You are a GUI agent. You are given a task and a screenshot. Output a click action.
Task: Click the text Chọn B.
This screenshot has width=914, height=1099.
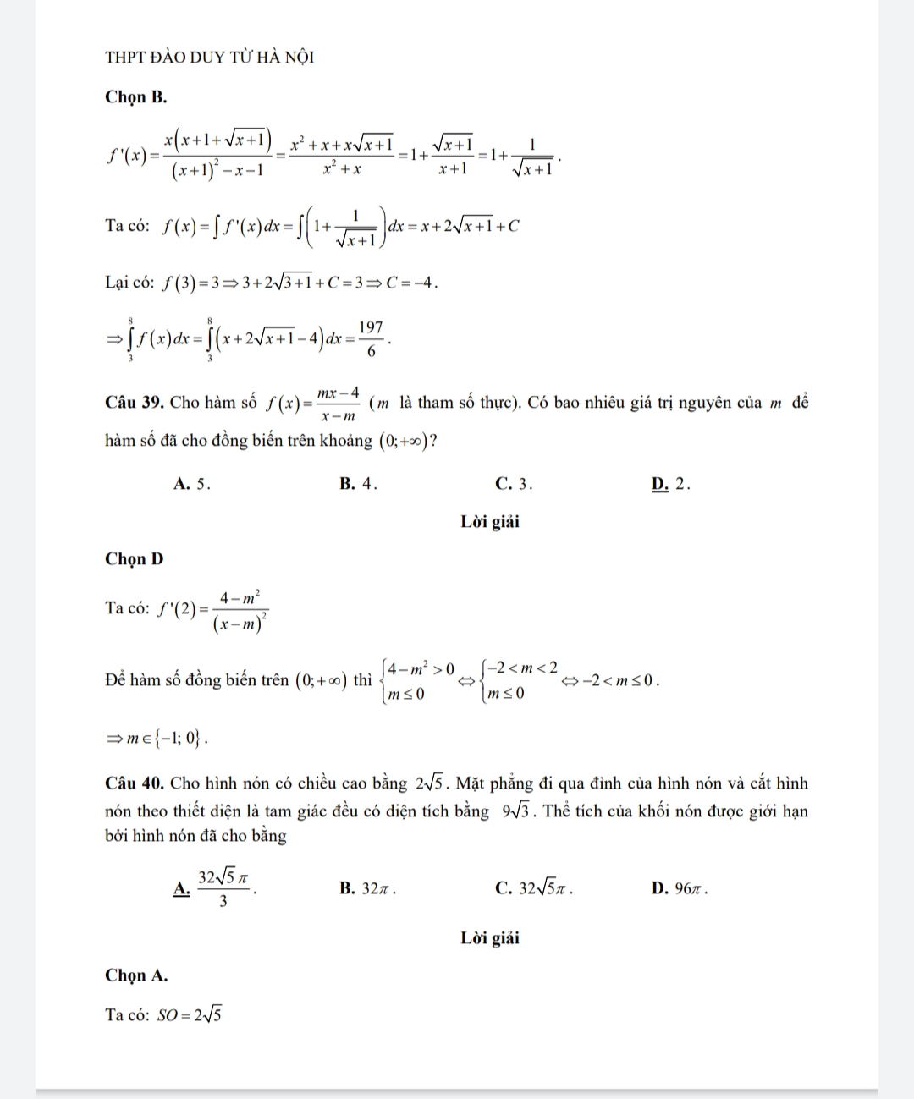click(135, 96)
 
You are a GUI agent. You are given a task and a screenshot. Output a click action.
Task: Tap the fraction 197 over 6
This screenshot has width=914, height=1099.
click(371, 338)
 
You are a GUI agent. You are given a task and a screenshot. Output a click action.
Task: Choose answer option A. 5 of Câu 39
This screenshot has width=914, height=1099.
click(190, 484)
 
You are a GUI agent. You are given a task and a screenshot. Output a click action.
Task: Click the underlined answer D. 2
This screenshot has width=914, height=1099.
click(671, 484)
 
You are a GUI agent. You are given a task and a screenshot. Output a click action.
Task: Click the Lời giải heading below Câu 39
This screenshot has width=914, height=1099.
click(490, 522)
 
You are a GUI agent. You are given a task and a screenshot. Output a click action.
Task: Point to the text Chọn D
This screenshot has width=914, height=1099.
click(134, 559)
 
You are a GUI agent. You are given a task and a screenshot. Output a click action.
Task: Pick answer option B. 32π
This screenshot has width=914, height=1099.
click(367, 888)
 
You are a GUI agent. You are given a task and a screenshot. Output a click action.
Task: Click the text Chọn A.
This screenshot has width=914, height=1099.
click(136, 975)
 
